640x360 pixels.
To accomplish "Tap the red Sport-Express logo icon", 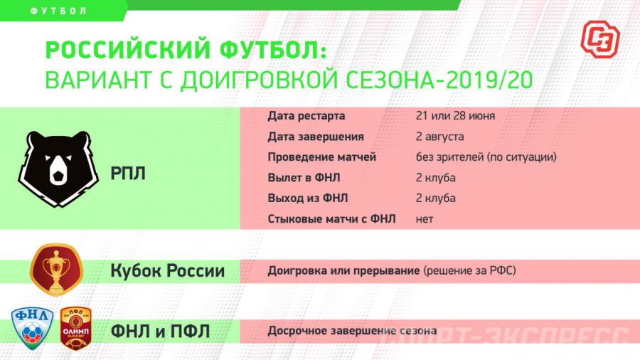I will (x=599, y=38).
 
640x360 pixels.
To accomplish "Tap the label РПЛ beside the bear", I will (x=128, y=173).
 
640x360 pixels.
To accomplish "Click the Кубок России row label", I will (x=168, y=271).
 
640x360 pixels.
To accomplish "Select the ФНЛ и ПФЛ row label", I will (x=160, y=331).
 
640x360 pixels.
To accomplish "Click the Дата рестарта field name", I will (x=306, y=116).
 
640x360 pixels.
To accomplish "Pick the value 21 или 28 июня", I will (x=455, y=116).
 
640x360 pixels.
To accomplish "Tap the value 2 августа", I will (x=440, y=137).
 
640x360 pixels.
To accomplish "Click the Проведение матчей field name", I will (x=322, y=157).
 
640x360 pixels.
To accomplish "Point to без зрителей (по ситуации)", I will (x=486, y=157).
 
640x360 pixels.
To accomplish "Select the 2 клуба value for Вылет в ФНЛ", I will (x=436, y=178).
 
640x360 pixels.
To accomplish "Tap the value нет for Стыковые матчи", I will (x=425, y=219).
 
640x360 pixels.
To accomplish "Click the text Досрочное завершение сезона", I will (x=351, y=331).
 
